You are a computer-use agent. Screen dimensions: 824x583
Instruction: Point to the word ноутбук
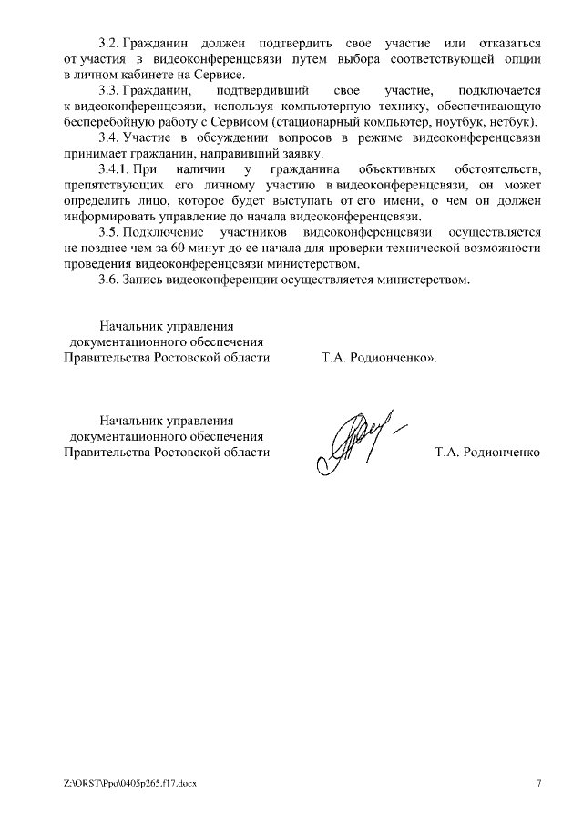[450, 122]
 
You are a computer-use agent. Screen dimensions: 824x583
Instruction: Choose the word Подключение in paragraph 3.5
[167, 232]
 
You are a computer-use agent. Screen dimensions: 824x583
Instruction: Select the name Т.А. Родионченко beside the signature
[487, 452]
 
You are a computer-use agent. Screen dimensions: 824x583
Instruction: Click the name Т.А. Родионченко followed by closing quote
[379, 358]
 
